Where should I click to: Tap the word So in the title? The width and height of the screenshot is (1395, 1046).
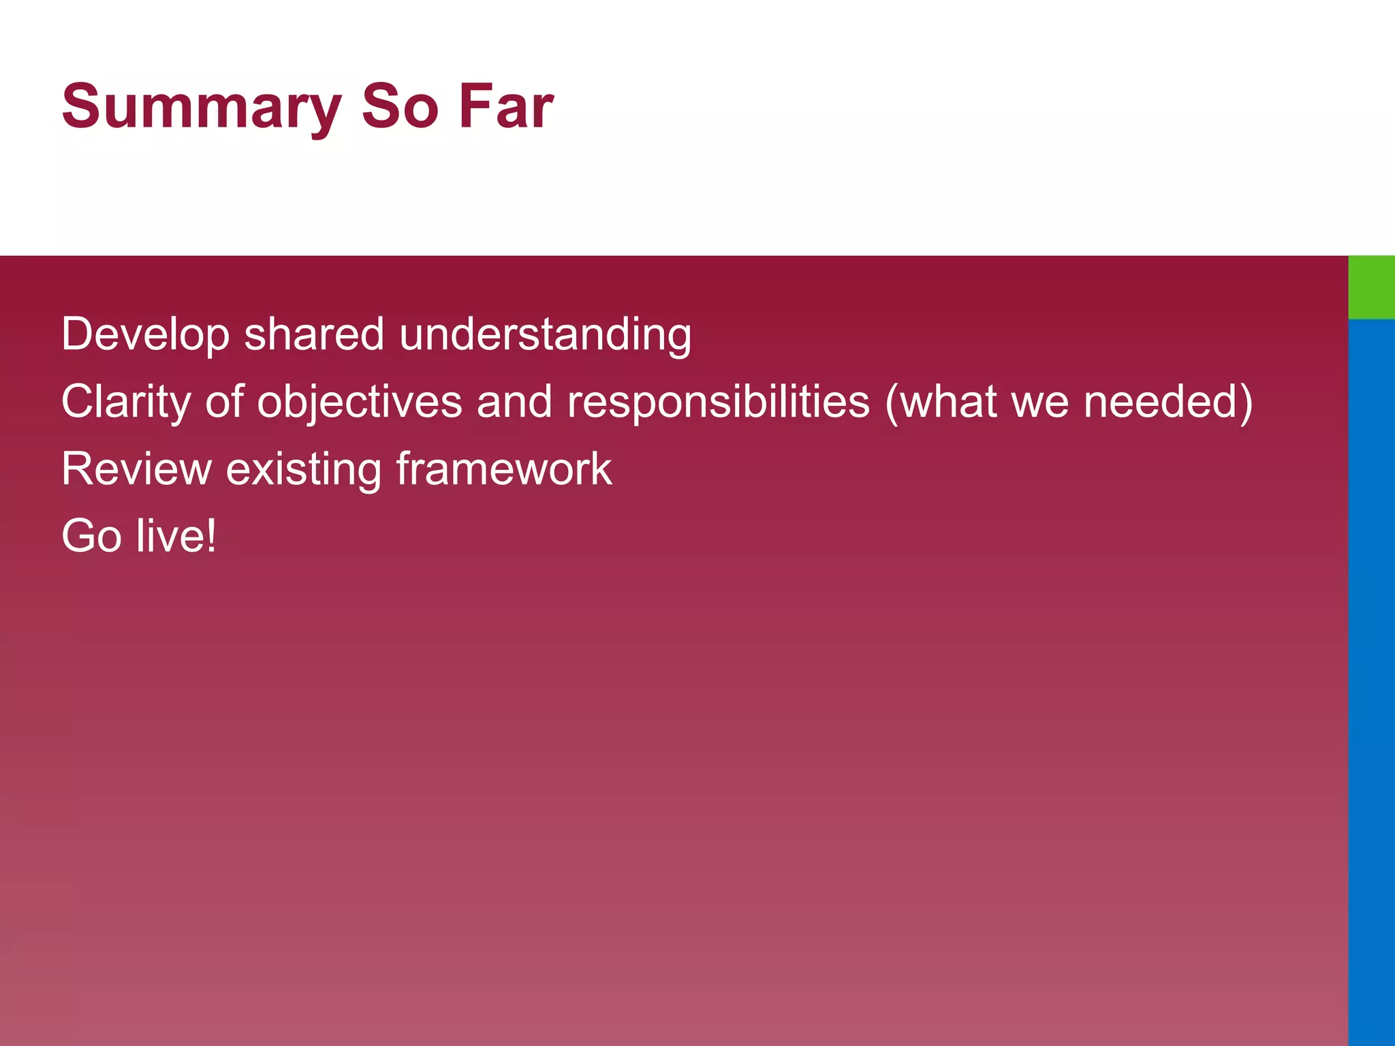pyautogui.click(x=400, y=107)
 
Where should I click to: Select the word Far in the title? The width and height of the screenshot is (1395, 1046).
pyautogui.click(x=505, y=107)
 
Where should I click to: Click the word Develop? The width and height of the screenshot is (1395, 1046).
pyautogui.click(x=145, y=335)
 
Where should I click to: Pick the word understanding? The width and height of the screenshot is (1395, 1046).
pyautogui.click(x=545, y=335)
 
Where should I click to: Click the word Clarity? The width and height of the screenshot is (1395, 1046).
pyautogui.click(x=127, y=402)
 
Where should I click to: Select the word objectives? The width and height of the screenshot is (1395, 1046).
pyautogui.click(x=360, y=402)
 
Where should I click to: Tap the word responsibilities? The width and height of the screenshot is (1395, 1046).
pyautogui.click(x=719, y=402)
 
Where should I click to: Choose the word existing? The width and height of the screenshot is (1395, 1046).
pyautogui.click(x=303, y=470)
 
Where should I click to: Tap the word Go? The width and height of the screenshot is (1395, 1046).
pyautogui.click(x=91, y=536)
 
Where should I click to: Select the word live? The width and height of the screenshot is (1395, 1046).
pyautogui.click(x=176, y=536)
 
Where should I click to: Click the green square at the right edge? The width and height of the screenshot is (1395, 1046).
pyautogui.click(x=1371, y=287)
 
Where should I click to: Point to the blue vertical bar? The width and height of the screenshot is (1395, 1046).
pyautogui.click(x=1371, y=681)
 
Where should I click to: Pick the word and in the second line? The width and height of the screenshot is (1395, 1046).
pyautogui.click(x=514, y=402)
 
